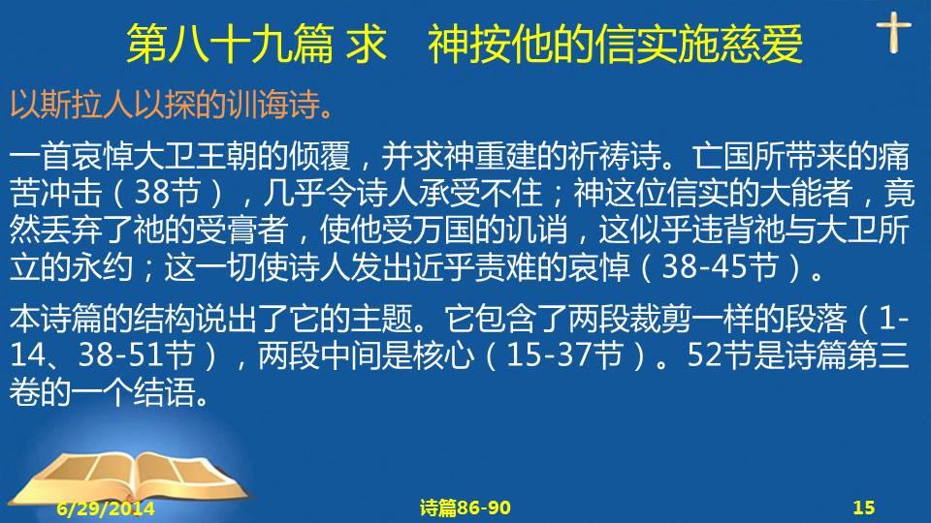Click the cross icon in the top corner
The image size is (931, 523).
click(893, 32)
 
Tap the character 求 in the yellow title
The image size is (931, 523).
click(367, 44)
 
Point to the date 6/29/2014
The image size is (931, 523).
click(106, 508)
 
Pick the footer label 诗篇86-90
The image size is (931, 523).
click(465, 508)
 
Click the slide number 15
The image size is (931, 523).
click(864, 508)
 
